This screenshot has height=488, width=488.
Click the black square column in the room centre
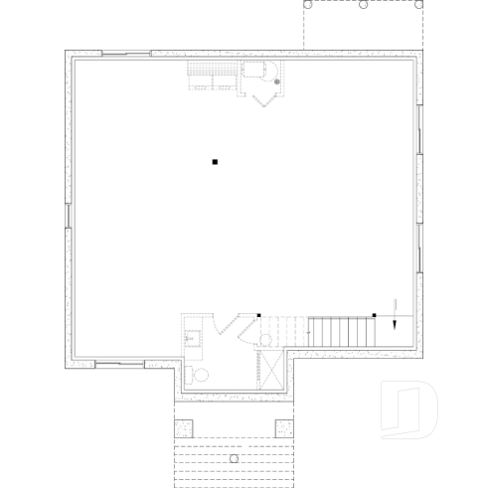[213, 161]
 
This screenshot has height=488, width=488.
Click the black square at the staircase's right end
[374, 315]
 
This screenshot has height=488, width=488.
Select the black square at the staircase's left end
[258, 315]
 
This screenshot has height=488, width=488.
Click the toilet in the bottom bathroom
[198, 375]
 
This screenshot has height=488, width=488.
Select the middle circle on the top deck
[364, 5]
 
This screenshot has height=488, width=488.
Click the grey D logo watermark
[408, 408]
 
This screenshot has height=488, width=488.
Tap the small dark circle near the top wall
[278, 81]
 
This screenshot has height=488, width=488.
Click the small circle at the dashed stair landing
[265, 340]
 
